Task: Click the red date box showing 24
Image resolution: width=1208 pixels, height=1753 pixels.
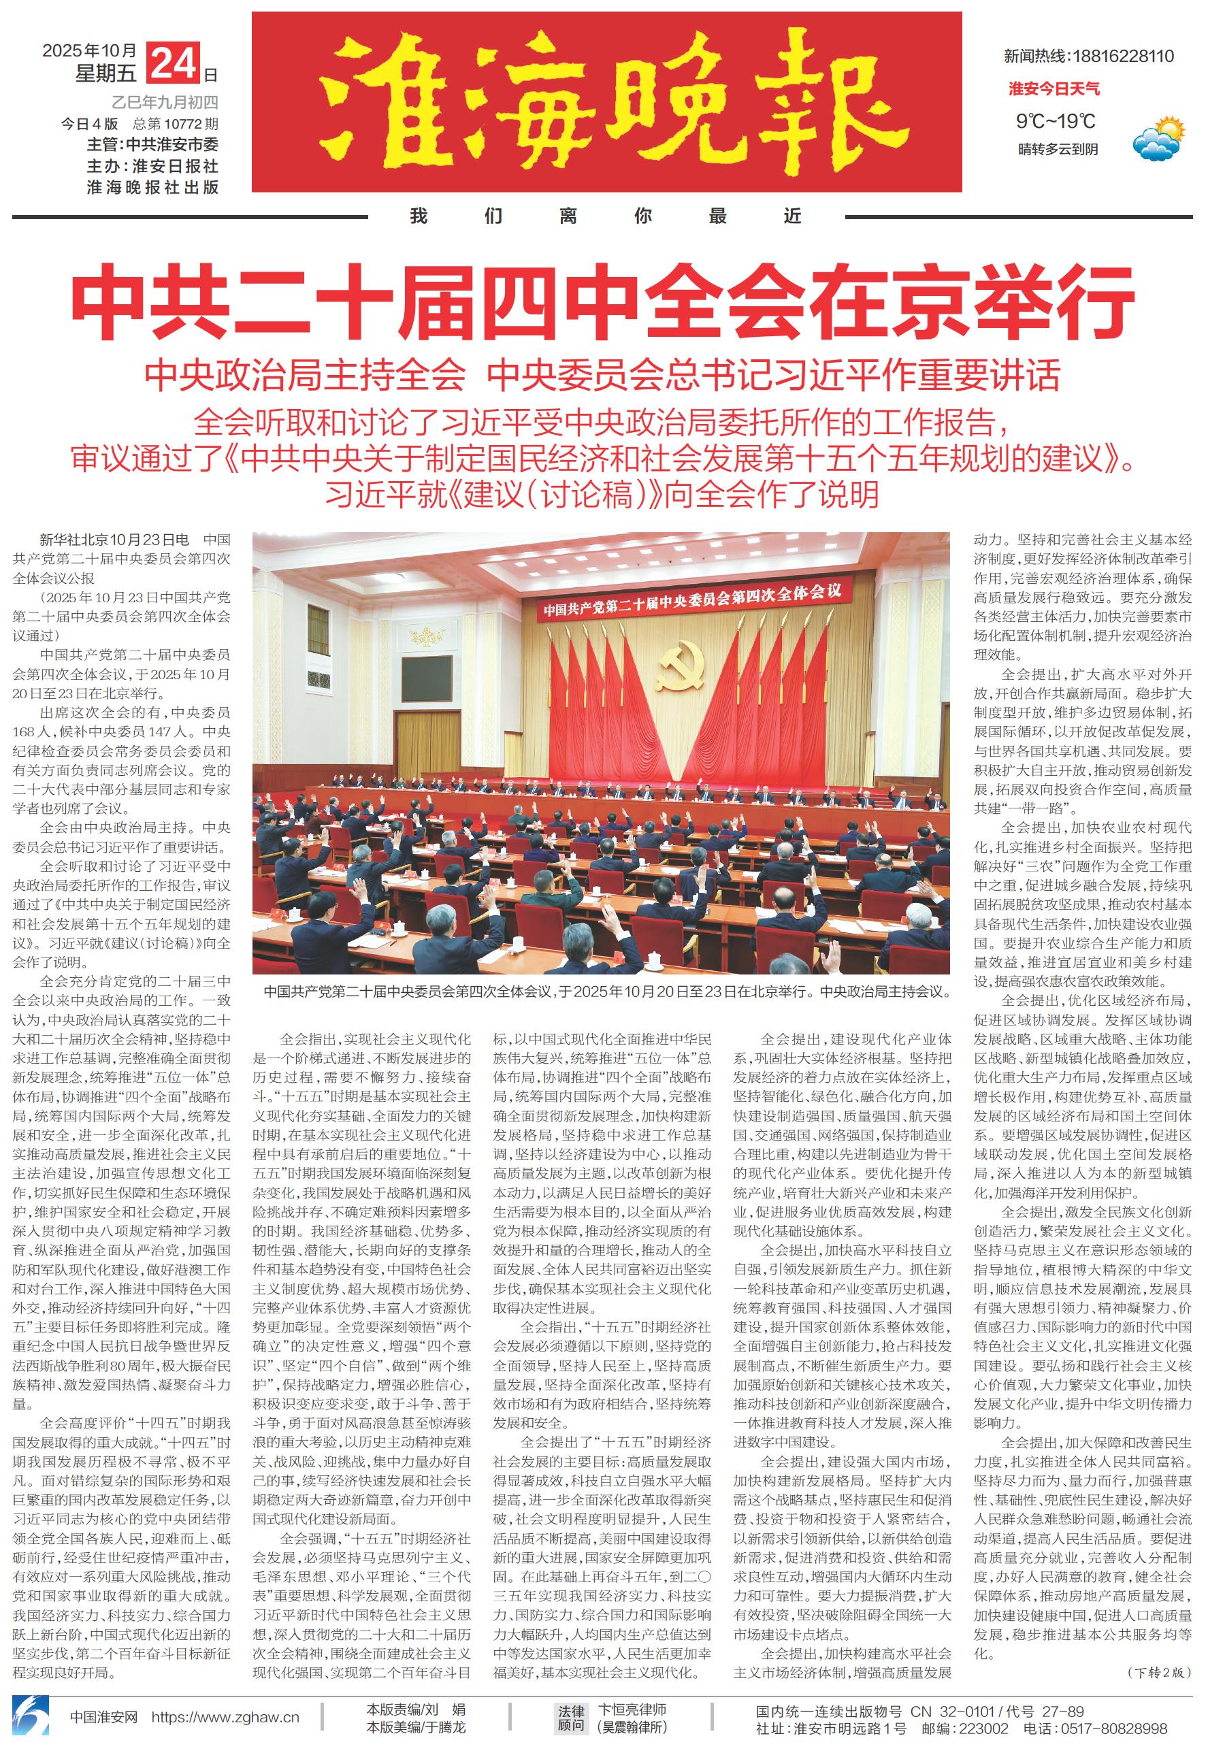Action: pyautogui.click(x=174, y=63)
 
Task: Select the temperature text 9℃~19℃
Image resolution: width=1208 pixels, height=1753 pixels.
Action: pyautogui.click(x=1055, y=121)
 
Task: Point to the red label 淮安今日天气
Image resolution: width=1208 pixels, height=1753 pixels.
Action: pyautogui.click(x=1054, y=89)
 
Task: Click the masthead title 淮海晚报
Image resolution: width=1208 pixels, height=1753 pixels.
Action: pyautogui.click(x=606, y=101)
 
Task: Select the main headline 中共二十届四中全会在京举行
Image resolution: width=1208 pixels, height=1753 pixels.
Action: pyautogui.click(x=603, y=303)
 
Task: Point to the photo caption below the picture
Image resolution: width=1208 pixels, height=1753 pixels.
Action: pyautogui.click(x=601, y=992)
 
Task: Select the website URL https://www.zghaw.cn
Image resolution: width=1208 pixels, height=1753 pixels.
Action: pyautogui.click(x=225, y=1718)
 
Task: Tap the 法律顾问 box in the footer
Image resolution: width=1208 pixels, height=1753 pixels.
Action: pyautogui.click(x=571, y=1718)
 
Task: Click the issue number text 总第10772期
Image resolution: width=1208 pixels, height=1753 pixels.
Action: pyautogui.click(x=176, y=124)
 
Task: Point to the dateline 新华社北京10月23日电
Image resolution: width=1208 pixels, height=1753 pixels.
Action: pyautogui.click(x=114, y=540)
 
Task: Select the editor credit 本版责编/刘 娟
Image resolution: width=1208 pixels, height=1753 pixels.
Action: pyautogui.click(x=416, y=1709)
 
